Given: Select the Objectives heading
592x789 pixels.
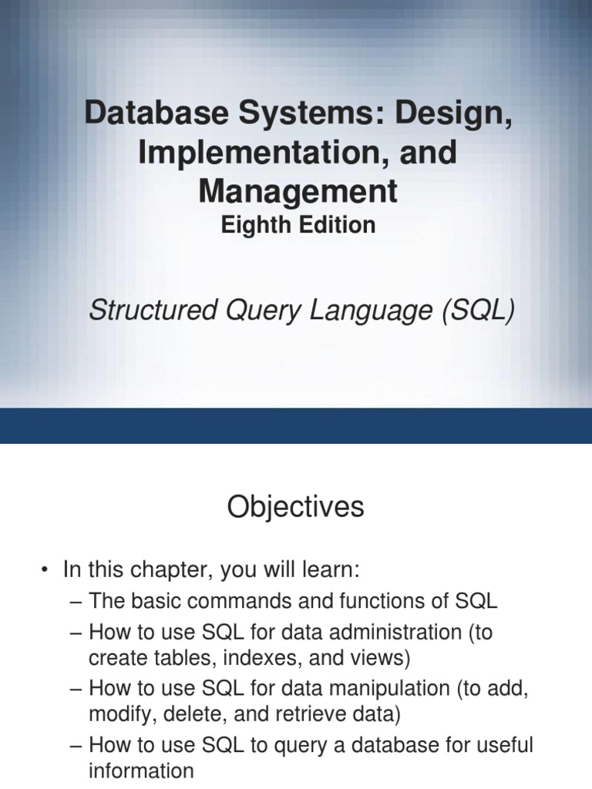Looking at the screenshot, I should tap(295, 508).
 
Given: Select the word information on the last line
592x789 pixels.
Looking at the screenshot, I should tap(141, 771).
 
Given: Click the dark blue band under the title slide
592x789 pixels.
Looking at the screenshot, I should tap(296, 425).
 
